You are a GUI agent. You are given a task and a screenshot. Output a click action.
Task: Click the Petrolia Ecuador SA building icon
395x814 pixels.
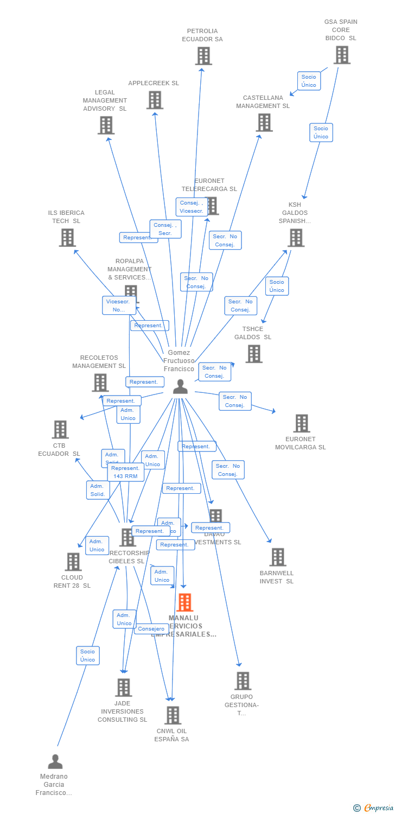pyautogui.click(x=203, y=56)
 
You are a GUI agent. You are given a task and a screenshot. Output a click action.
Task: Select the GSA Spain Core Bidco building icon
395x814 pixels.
pyautogui.click(x=342, y=55)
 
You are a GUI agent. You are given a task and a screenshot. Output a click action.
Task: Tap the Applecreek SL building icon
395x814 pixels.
pyautogui.click(x=155, y=100)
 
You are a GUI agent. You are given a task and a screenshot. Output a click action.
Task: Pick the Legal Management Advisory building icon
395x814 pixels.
pyautogui.click(x=106, y=125)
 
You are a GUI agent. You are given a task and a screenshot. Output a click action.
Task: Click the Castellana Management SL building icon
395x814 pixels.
pyautogui.click(x=264, y=122)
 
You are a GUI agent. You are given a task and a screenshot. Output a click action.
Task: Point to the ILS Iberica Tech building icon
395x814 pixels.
pyautogui.click(x=67, y=238)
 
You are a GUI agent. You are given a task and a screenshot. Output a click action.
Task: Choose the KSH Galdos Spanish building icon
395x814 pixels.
pyautogui.click(x=296, y=238)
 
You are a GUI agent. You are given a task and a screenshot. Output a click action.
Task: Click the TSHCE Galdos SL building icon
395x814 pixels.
pyautogui.click(x=253, y=354)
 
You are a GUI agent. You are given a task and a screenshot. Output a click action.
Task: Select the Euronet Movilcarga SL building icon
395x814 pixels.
pyautogui.click(x=301, y=423)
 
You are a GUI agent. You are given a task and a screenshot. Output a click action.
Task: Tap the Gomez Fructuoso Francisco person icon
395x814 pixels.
pyautogui.click(x=180, y=386)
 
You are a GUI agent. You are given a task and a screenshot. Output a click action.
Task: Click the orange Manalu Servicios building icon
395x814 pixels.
pyautogui.click(x=184, y=602)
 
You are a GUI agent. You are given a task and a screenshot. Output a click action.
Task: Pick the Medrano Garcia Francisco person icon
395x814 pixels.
pyautogui.click(x=55, y=762)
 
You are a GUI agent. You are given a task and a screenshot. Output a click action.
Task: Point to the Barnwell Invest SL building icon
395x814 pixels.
pyautogui.click(x=278, y=557)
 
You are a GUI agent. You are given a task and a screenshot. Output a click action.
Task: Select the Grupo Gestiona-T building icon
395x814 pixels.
pyautogui.click(x=243, y=681)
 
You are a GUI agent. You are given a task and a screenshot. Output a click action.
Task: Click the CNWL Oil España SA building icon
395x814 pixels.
pyautogui.click(x=173, y=715)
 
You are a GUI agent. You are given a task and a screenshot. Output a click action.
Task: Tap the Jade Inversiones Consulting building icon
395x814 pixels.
pyautogui.click(x=123, y=688)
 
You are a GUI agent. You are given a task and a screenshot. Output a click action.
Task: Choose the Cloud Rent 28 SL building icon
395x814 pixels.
pyautogui.click(x=73, y=562)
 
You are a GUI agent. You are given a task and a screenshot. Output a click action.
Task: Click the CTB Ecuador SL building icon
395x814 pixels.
pyautogui.click(x=60, y=429)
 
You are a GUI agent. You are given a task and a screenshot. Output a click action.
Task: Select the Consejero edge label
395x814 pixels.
pyautogui.click(x=151, y=629)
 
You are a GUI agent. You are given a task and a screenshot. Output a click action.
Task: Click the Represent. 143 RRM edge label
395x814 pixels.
pyautogui.click(x=125, y=472)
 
